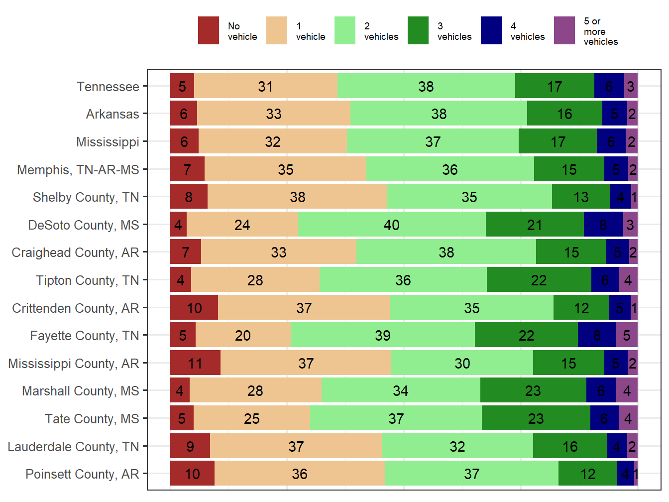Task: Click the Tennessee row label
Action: point(108,87)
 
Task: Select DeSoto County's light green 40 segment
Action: point(392,225)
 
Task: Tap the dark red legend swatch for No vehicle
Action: point(208,30)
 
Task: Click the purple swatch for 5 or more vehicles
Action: point(564,30)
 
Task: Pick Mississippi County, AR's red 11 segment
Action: point(195,363)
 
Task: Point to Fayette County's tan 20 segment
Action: point(243,335)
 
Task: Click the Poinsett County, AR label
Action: point(82,474)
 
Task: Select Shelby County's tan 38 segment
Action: point(297,197)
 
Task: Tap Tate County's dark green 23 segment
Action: point(536,418)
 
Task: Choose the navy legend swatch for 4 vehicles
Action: point(491,30)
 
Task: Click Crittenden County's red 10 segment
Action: point(194,308)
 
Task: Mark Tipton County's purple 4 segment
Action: point(628,280)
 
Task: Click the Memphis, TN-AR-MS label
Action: point(78,170)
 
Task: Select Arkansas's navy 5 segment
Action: point(614,114)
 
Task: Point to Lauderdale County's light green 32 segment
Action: point(457,446)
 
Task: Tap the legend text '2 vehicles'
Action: point(381,31)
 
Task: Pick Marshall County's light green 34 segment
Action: point(400,390)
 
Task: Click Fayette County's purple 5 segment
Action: point(627,335)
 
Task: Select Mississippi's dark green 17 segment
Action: point(557,141)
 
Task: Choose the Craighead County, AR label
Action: point(75,252)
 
